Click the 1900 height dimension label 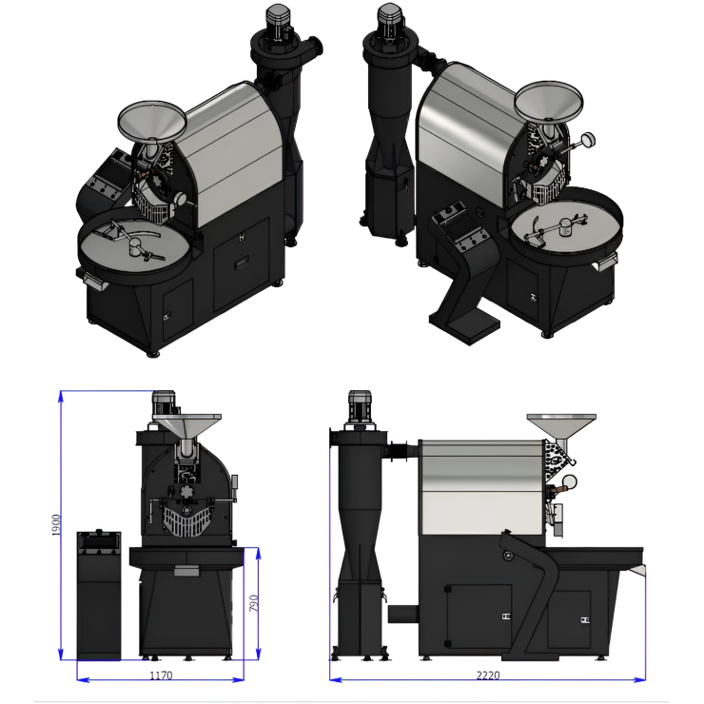click(56, 524)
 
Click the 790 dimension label click(254, 603)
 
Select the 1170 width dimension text click(161, 675)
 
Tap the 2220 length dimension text click(488, 675)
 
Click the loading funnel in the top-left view click(152, 120)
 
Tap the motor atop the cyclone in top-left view click(279, 24)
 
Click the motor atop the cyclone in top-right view click(390, 22)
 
